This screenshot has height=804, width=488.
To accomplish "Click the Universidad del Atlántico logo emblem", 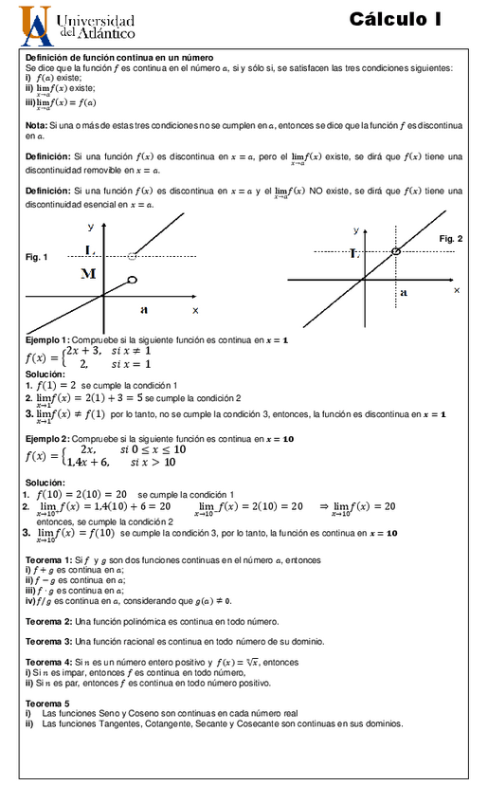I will [36, 27].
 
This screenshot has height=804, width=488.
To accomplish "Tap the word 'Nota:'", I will [36, 125].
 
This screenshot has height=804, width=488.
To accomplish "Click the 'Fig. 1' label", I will [37, 257].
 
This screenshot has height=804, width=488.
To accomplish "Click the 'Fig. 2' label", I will [450, 239].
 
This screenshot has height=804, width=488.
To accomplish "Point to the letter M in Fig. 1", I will [89, 274].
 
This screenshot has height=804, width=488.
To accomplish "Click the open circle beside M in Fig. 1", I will [132, 279].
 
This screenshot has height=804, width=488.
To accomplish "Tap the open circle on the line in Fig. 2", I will [395, 251].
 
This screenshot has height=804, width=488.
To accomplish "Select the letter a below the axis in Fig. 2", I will [404, 293].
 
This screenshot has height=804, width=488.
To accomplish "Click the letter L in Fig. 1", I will [89, 250].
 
